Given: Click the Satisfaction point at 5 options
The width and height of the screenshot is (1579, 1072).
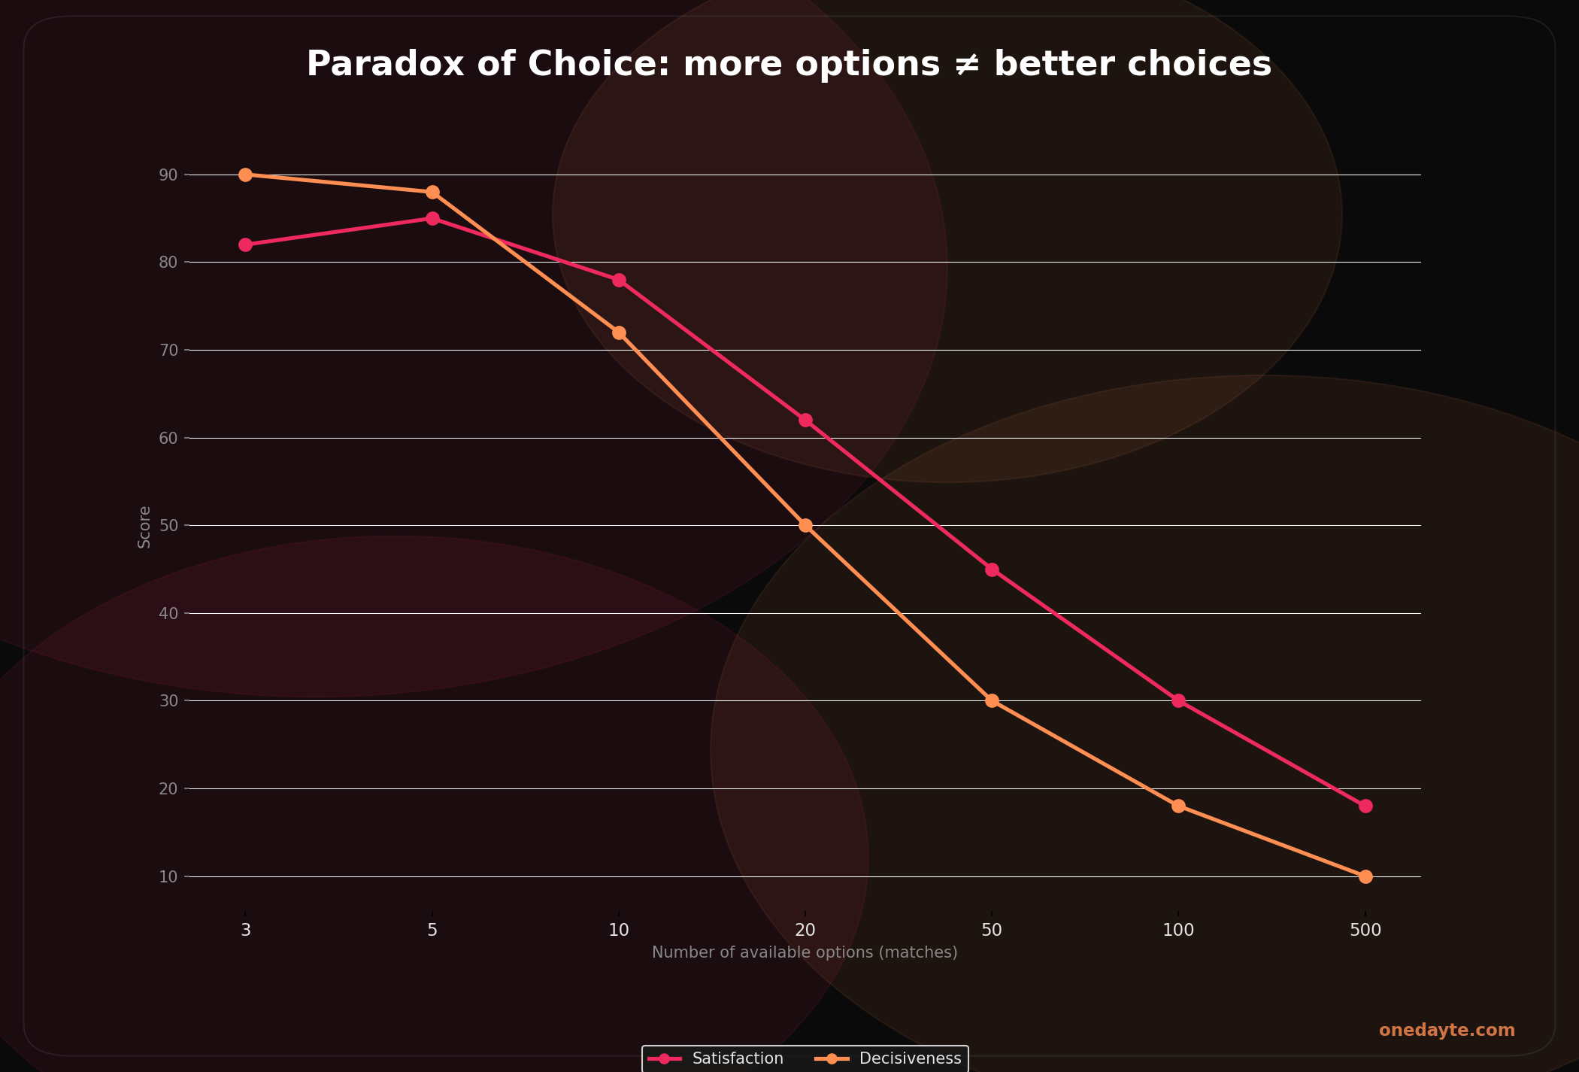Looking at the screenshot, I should (432, 219).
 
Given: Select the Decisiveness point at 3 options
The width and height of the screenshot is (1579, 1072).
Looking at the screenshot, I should (245, 175).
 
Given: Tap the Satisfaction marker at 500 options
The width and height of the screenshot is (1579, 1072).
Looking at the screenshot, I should (1365, 806).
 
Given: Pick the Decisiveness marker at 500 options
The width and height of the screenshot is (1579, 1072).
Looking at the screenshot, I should (1365, 876).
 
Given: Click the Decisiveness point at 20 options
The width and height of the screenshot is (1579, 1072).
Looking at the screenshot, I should (805, 525).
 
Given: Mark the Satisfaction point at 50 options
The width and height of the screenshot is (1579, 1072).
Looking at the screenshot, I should (992, 569).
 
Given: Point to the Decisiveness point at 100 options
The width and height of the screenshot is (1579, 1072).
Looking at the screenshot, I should (1178, 806).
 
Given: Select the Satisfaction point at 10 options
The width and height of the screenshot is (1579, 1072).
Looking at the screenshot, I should (619, 280).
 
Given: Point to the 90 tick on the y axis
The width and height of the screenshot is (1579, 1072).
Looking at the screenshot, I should (168, 175).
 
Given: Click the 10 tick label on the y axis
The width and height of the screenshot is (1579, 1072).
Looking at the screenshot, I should (168, 877).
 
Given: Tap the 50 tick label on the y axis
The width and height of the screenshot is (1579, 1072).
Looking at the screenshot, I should (168, 526).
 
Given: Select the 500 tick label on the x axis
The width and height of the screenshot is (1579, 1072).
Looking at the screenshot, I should (1365, 931).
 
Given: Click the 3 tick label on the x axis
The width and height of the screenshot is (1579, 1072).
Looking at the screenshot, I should (246, 931).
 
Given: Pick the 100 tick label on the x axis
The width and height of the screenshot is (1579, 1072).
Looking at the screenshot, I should (1178, 931).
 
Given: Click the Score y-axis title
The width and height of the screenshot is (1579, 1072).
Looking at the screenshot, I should (144, 527).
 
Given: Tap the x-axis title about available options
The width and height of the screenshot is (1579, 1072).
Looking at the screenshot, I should (805, 952).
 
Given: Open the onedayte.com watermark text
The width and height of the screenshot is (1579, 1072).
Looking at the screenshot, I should (1447, 1031).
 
